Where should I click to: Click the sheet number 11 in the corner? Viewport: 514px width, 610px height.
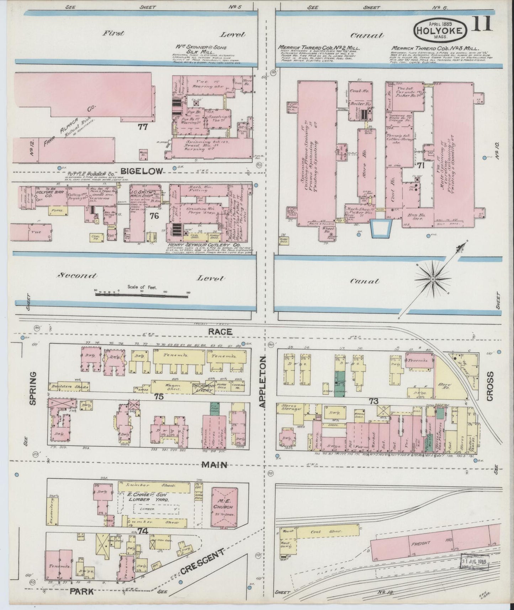(482, 24)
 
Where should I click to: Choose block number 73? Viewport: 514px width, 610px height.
(373, 401)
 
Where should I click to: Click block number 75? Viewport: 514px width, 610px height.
(159, 396)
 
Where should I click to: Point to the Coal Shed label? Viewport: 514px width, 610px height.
(321, 531)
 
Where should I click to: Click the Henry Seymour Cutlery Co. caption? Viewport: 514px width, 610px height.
(205, 245)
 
